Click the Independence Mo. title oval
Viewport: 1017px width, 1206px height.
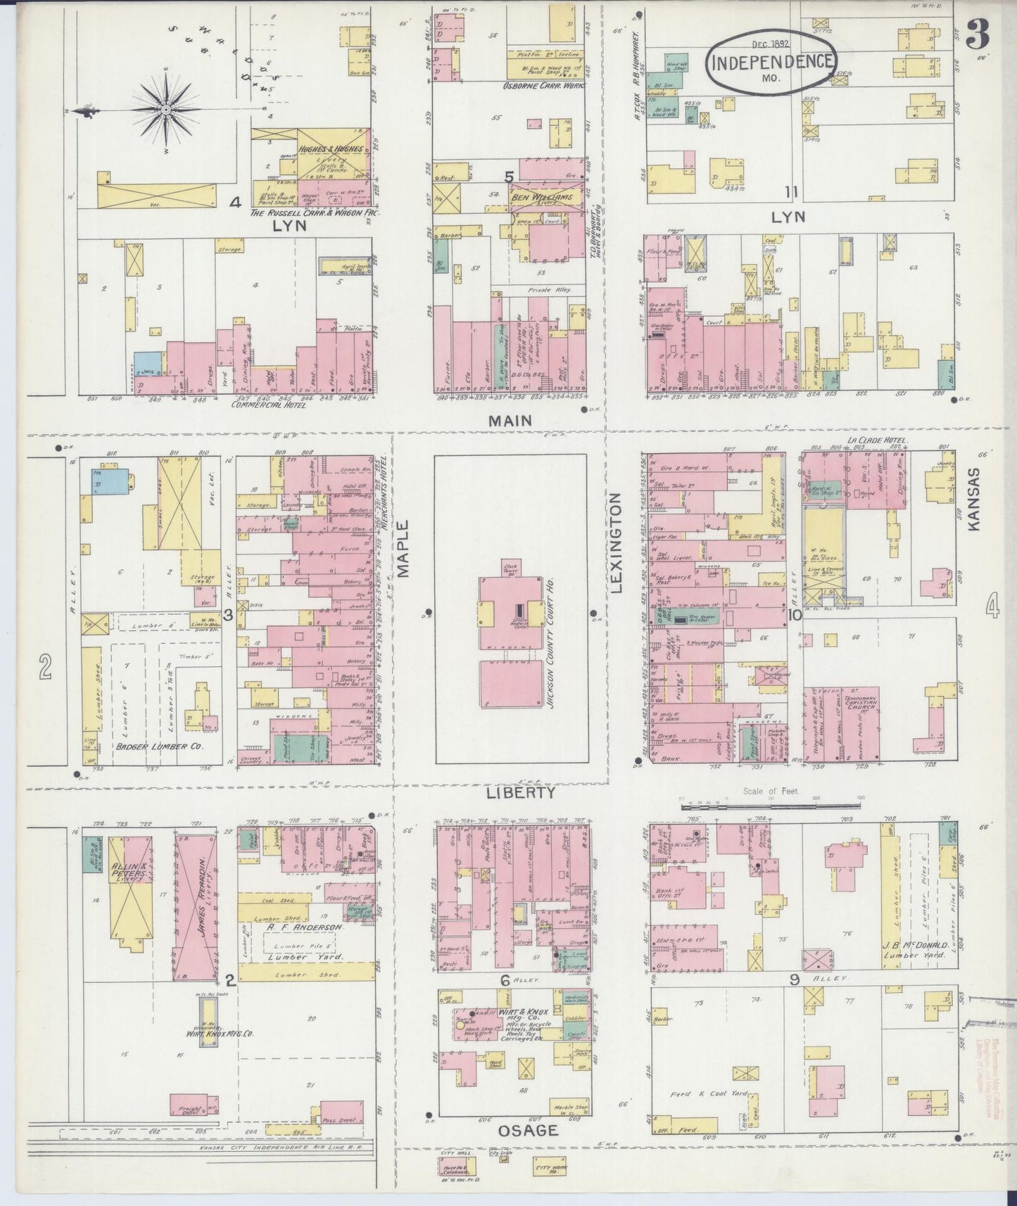click(x=773, y=61)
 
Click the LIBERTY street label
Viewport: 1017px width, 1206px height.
click(x=522, y=793)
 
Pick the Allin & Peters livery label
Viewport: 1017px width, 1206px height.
click(x=129, y=873)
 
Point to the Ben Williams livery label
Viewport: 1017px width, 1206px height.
click(x=541, y=198)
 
